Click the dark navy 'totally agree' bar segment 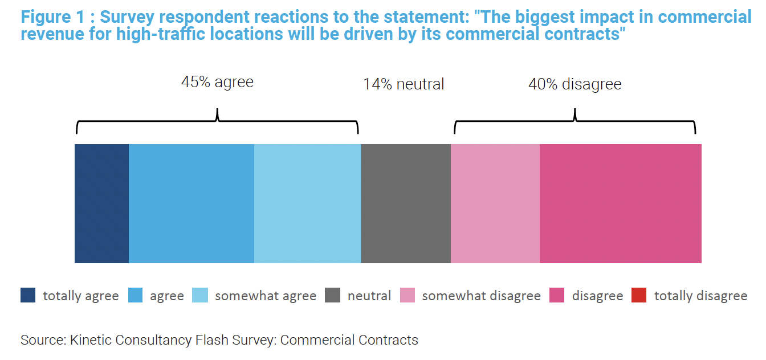pos(101,203)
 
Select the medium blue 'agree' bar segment pos(191,203)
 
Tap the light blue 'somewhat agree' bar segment pos(307,203)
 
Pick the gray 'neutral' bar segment pos(406,203)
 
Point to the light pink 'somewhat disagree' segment pos(495,203)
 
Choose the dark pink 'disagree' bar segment pos(620,203)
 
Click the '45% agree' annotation pos(217,82)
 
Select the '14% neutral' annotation pos(404,84)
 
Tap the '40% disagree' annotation pos(574,84)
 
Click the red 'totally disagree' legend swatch pos(639,296)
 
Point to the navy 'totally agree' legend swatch pos(28,296)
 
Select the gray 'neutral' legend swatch pos(332,296)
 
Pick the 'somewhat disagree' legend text pos(481,296)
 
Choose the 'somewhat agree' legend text pos(265,296)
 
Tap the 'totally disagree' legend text pos(700,296)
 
